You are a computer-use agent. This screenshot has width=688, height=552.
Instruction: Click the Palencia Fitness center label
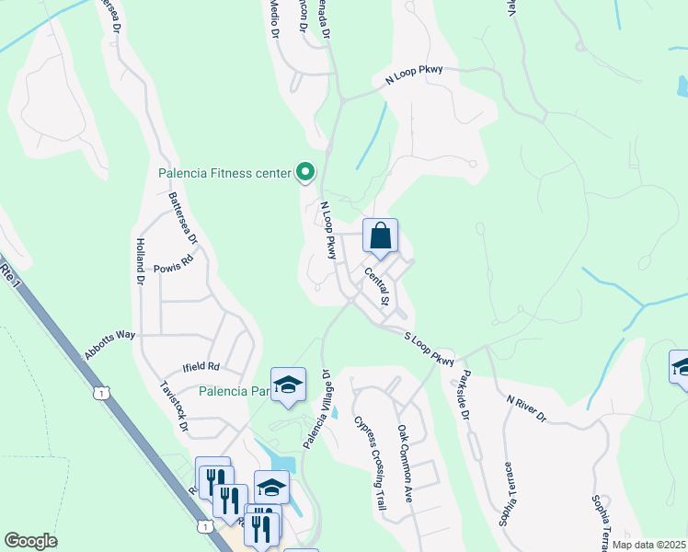point(224,172)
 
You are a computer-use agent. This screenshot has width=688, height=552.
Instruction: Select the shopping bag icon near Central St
point(380,237)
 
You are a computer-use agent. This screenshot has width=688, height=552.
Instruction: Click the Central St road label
point(377,288)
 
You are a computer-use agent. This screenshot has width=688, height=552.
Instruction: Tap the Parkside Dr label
point(464,395)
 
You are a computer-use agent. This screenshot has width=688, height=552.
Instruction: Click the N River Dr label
point(526,409)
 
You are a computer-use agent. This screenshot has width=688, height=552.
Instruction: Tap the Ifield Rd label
point(201,366)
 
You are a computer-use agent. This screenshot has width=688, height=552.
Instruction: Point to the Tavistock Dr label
point(174,408)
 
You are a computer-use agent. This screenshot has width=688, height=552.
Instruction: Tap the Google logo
point(30,541)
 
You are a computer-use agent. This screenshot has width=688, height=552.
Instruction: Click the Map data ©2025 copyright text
point(648,545)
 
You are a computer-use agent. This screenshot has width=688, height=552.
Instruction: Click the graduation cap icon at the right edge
point(681,368)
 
